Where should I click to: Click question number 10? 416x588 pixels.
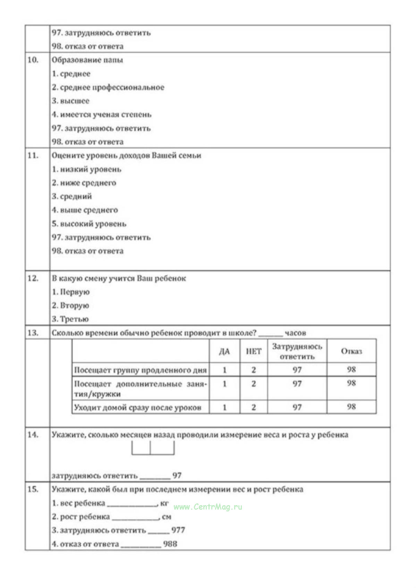coord(33,60)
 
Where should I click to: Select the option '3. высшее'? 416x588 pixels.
coord(71,101)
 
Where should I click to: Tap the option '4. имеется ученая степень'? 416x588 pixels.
coord(102,114)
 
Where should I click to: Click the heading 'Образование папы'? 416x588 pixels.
coord(87,60)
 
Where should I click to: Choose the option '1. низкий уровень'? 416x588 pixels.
coord(87,169)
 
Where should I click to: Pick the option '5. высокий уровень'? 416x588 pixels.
coord(89,224)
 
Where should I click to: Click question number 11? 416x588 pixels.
coord(33,156)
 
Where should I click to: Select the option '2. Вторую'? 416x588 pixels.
coord(70,305)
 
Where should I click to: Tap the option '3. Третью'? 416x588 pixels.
coord(70,319)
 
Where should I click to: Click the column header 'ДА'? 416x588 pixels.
coord(224,352)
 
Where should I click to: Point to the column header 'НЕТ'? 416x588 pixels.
coord(254,352)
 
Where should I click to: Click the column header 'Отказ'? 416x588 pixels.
coord(351,352)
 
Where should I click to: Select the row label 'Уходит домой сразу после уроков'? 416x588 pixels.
coord(138,408)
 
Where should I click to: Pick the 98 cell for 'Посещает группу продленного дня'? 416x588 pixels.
coord(351,370)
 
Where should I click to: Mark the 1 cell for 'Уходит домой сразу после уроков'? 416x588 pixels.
coord(224,407)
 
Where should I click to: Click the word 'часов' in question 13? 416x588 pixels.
coord(295,333)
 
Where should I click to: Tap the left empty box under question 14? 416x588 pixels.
coord(141,448)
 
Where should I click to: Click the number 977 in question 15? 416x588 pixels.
coord(178,530)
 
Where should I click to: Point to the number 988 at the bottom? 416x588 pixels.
coord(170,544)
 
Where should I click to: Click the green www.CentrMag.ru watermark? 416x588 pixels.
coord(208,507)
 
